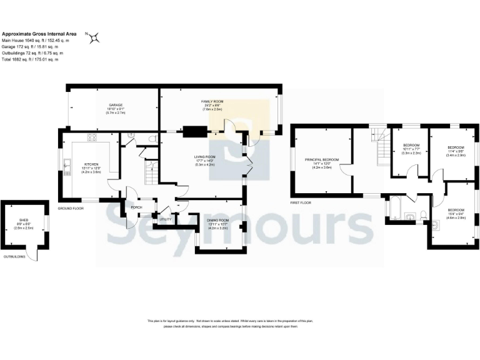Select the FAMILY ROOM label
coord(212,101)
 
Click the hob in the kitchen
coord(92,137)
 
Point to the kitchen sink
coord(67,166)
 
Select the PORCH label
coord(136,207)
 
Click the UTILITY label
coord(166,219)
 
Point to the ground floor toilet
coord(152,137)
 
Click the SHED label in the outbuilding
coord(24,221)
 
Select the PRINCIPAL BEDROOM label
coord(321,159)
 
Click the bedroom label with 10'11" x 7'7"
coord(411,144)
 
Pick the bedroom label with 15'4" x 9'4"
coord(455,209)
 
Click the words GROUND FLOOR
coord(71,207)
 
